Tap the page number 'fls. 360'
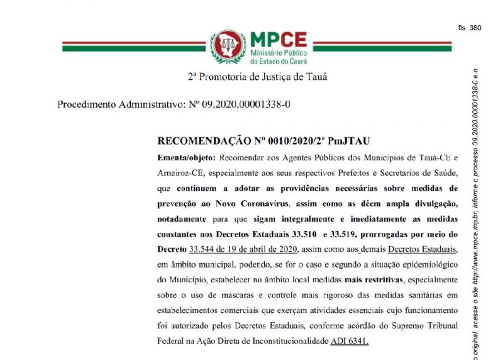471,28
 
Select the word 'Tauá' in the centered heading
316,77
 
